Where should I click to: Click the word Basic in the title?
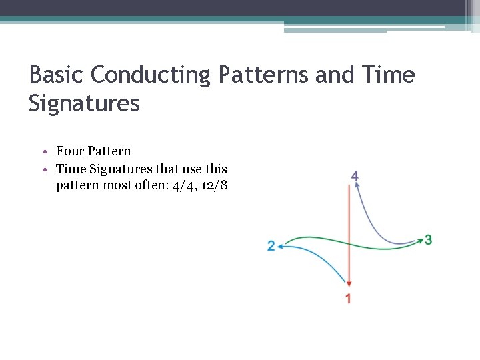pos(57,75)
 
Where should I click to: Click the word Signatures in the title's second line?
pos(84,104)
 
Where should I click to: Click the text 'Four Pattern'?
pos(93,151)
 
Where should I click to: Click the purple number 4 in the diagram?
pos(355,176)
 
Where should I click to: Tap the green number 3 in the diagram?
pos(428,239)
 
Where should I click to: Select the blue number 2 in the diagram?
pos(271,247)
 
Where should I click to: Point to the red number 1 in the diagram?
pos(348,299)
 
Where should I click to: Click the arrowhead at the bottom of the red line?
pos(348,285)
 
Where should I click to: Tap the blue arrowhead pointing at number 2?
pos(281,247)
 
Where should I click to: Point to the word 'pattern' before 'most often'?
pos(77,186)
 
